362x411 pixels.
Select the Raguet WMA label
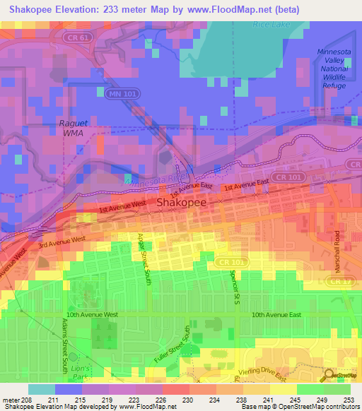(x=73, y=128)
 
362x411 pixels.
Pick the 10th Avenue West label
(x=95, y=314)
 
